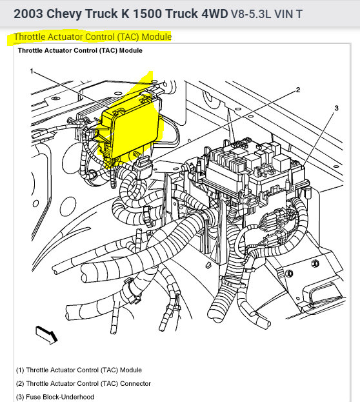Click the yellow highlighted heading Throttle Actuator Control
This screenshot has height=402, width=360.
[x=92, y=37]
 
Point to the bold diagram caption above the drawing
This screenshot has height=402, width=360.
[x=80, y=50]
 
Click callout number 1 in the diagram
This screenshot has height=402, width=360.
[x=30, y=72]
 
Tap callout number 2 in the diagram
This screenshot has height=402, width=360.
[x=297, y=90]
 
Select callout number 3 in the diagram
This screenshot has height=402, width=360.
[x=336, y=108]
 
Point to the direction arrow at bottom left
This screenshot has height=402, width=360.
[x=46, y=334]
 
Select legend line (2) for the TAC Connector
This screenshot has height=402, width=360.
[x=83, y=384]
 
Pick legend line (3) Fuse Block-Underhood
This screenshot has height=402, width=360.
[x=55, y=397]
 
